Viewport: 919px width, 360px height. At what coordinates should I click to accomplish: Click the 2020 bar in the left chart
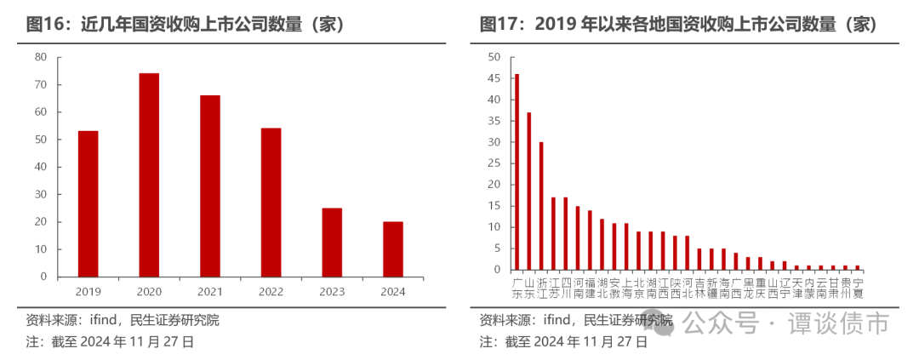[149, 174]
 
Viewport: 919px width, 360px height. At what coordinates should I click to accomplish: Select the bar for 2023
[332, 242]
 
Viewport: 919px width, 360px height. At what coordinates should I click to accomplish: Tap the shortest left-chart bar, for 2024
[393, 249]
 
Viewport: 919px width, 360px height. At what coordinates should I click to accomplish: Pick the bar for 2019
[88, 203]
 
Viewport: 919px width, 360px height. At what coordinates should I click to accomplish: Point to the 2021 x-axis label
[209, 291]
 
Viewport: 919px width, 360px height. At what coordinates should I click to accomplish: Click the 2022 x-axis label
[271, 291]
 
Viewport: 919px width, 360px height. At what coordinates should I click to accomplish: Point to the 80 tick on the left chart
[41, 57]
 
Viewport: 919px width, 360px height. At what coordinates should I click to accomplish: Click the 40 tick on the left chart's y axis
[41, 167]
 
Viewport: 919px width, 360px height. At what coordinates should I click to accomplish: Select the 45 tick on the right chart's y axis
[494, 78]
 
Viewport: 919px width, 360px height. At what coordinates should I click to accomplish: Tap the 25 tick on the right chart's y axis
[494, 163]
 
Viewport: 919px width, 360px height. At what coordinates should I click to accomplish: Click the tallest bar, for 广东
[517, 172]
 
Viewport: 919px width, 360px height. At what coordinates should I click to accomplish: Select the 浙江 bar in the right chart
[541, 206]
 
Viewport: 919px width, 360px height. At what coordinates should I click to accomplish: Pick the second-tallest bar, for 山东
[528, 191]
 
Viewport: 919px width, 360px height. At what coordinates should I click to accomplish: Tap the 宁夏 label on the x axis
[858, 288]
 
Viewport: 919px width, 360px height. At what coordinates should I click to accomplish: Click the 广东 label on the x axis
[517, 288]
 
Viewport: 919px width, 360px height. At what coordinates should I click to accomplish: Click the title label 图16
[47, 24]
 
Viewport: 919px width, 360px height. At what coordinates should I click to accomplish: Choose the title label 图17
[501, 24]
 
